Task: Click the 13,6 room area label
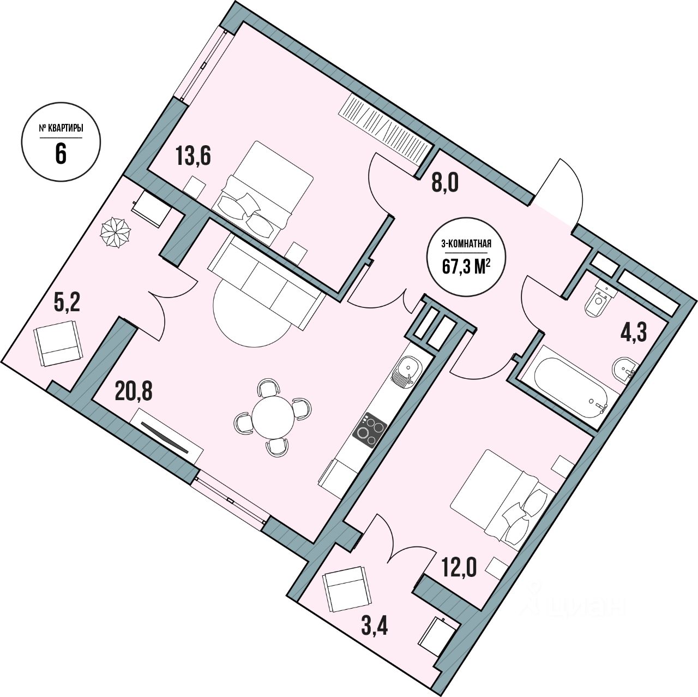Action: pos(193,156)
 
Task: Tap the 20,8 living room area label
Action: pos(134,391)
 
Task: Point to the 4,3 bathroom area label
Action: pos(633,331)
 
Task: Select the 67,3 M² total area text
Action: pos(466,266)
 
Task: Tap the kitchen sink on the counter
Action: pos(406,371)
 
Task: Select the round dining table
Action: pos(273,417)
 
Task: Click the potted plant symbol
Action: pos(116,233)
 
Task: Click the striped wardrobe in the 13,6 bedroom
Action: pos(386,129)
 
